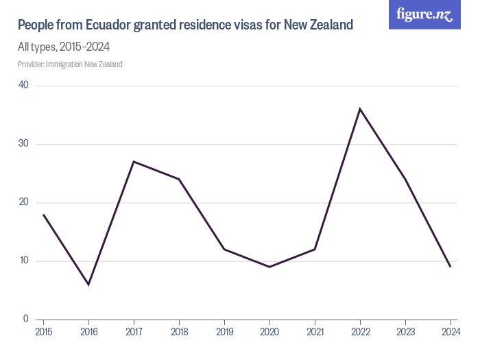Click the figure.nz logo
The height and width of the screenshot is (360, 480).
pyautogui.click(x=424, y=14)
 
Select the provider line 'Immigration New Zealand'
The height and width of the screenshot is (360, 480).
pyautogui.click(x=70, y=64)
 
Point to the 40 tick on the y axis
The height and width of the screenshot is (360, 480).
pyautogui.click(x=23, y=85)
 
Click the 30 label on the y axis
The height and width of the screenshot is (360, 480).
pyautogui.click(x=23, y=144)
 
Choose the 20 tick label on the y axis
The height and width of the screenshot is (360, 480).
pyautogui.click(x=23, y=202)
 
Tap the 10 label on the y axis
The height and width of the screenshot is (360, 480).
pyautogui.click(x=23, y=261)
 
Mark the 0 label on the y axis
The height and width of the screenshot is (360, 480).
pyautogui.click(x=25, y=319)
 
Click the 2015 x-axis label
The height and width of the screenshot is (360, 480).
pyautogui.click(x=43, y=332)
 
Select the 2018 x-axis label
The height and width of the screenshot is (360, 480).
pyautogui.click(x=179, y=332)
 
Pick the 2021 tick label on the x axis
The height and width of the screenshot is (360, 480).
pyautogui.click(x=314, y=332)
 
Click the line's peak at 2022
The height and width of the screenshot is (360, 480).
pyautogui.click(x=359, y=108)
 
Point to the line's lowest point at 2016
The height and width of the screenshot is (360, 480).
pyautogui.click(x=88, y=285)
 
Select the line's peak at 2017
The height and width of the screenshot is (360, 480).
pyautogui.click(x=134, y=161)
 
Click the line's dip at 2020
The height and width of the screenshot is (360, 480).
pyautogui.click(x=269, y=267)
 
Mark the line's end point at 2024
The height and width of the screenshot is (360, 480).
pyautogui.click(x=450, y=267)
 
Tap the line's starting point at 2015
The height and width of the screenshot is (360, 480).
pyautogui.click(x=43, y=214)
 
